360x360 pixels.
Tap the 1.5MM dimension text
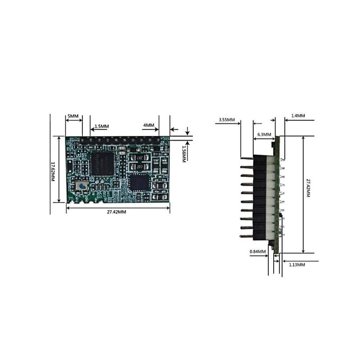point(102,126)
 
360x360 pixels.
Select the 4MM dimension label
point(149,125)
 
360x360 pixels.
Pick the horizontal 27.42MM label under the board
point(116,212)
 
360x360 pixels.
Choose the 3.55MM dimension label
point(227,120)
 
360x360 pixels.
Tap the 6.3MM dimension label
point(264,134)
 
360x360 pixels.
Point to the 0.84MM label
point(258,251)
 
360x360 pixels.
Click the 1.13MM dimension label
point(297,265)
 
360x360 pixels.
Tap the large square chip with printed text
point(102,163)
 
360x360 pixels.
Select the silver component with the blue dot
point(82,186)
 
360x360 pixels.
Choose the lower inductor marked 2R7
point(138,167)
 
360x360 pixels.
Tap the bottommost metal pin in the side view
point(247,236)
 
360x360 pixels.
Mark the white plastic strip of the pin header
point(271,198)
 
